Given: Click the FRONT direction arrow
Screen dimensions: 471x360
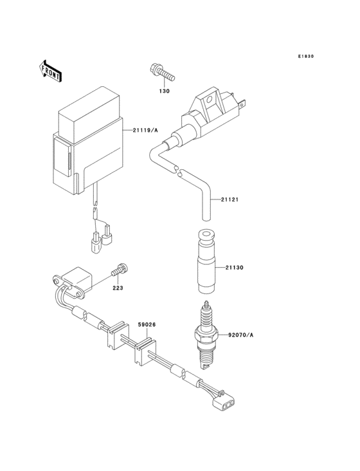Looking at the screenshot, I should (51, 70).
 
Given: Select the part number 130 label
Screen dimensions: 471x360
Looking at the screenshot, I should (165, 91).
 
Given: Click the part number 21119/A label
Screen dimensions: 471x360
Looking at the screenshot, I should (145, 131).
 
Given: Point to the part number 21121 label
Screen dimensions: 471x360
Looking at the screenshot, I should (230, 199).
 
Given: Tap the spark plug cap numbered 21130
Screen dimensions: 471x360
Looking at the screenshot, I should (205, 259).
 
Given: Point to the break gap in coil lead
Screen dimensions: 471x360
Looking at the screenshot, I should (179, 171).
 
